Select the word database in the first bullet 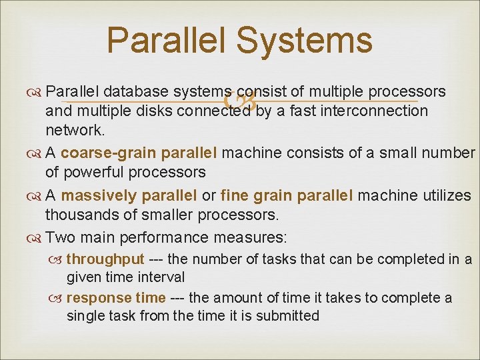coord(136,91)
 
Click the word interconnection coord(376,111)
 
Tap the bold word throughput coord(105,259)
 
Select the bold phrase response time coord(115,298)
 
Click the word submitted coord(285,315)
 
